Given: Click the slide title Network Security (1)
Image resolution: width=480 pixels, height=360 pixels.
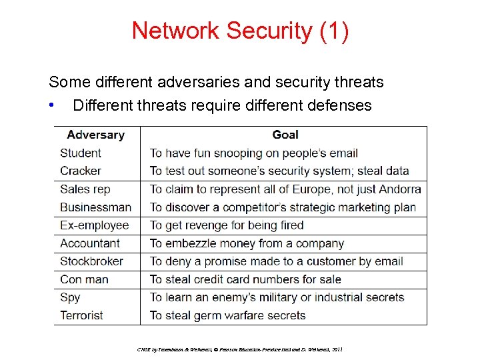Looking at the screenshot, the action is coord(239,31).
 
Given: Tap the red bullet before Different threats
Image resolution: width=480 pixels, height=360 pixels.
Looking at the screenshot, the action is coord(51,105).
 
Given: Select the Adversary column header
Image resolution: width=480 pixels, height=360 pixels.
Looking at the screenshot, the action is coord(95,135).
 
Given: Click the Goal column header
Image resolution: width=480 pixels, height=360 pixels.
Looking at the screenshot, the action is coord(285,135).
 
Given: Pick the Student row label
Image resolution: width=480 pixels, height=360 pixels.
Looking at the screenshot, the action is coord(81,153).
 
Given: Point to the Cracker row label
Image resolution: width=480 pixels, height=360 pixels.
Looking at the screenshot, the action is coord(81,171).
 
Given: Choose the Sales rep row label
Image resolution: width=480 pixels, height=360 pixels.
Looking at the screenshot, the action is coord(85,189).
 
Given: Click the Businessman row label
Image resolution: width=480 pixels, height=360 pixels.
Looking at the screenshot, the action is coord(95,207).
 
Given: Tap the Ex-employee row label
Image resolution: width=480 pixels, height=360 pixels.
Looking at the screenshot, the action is coord(94,225).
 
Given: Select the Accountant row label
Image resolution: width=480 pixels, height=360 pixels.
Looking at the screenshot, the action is coord(90,243).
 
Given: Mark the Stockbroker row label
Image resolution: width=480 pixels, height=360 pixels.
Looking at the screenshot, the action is coord(92,261).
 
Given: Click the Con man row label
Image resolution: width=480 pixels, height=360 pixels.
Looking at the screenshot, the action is coord(84,279).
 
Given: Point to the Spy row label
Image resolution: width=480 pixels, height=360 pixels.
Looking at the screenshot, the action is coord(70,297).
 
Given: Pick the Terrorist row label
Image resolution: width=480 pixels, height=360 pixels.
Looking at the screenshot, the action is coord(81,315).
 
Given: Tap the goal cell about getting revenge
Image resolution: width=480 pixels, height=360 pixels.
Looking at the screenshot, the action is coord(227,225).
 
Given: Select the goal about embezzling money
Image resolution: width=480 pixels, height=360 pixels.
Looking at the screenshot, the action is coord(247,243).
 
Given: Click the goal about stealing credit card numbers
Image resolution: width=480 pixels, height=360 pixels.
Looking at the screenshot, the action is coord(245,279).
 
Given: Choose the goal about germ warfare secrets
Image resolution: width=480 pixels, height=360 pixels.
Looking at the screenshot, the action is coord(227,315).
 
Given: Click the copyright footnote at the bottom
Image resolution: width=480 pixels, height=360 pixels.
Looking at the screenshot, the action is coord(239,349).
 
